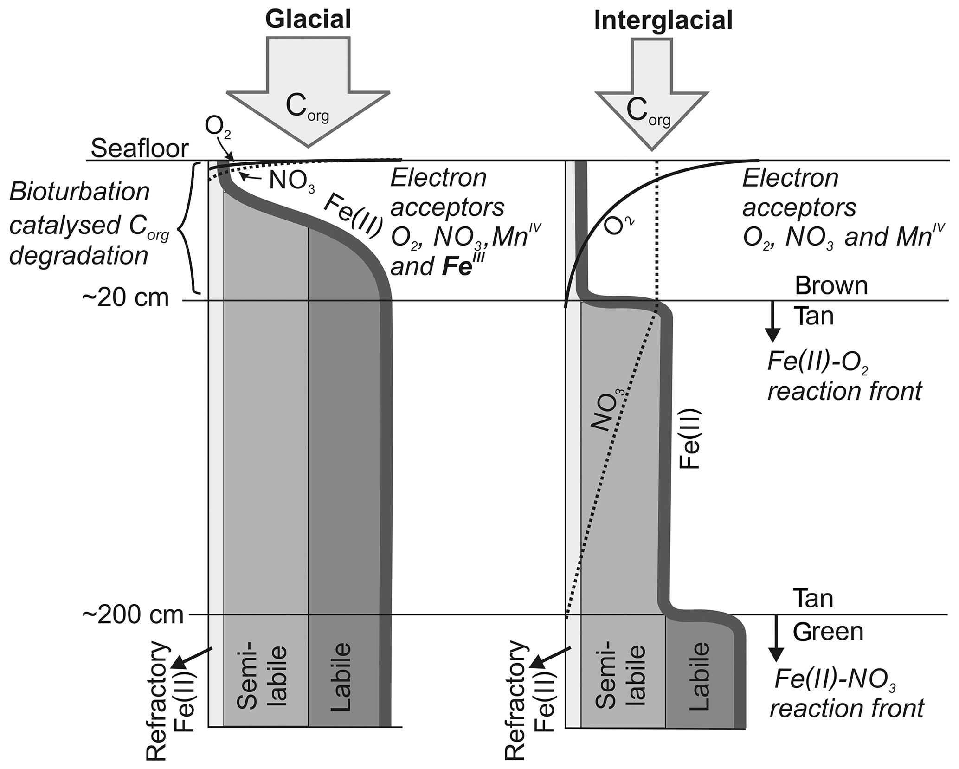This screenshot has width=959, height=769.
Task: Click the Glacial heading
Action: tap(308, 19)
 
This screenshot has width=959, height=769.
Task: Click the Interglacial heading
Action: tap(663, 20)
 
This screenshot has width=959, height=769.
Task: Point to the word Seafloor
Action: tap(140, 149)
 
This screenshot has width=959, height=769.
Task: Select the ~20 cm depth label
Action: tap(126, 297)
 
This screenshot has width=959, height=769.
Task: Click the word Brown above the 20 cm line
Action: tap(831, 286)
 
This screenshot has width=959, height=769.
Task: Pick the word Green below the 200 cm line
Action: tap(828, 632)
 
